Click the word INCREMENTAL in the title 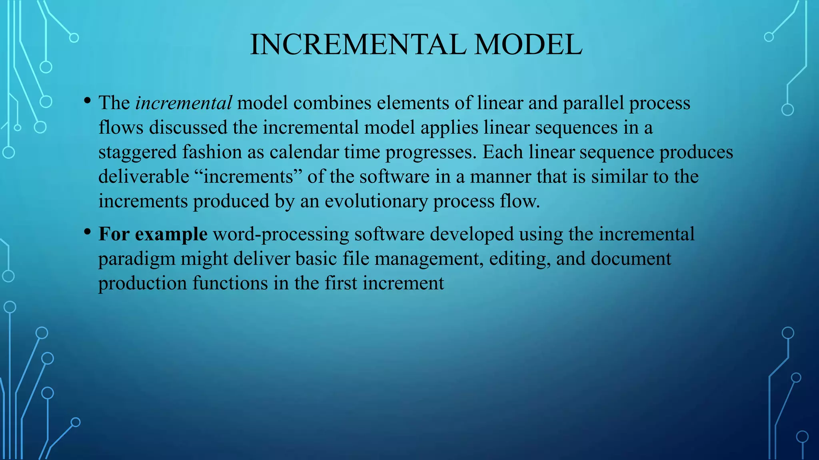(x=358, y=44)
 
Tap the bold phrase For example (x=153, y=234)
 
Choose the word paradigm (x=137, y=259)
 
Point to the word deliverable (x=144, y=176)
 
